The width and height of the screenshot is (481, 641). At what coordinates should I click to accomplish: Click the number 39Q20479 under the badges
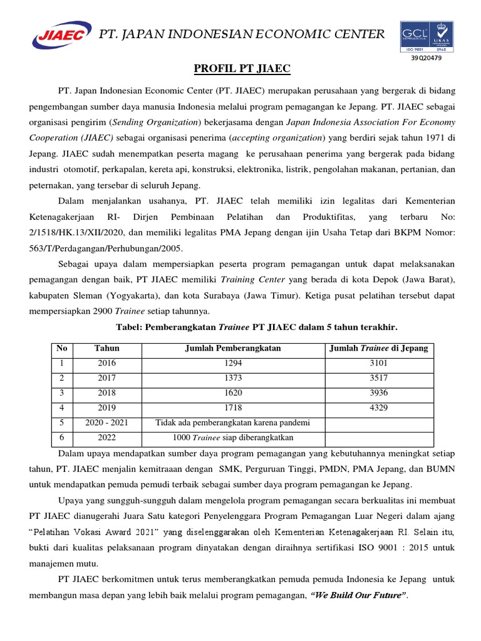coord(426,59)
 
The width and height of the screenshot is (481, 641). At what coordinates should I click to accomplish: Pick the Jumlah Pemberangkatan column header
coord(232,349)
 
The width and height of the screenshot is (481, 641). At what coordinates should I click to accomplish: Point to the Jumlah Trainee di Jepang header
coord(379,349)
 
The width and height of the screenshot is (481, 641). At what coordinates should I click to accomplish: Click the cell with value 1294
coord(232,363)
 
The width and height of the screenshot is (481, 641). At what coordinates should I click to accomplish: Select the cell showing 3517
coord(379,378)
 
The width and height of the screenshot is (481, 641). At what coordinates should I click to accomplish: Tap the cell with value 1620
coord(232,393)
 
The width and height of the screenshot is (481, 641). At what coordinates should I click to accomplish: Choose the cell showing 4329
coord(379,408)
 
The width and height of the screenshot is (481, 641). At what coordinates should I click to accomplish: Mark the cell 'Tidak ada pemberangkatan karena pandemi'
coord(232,423)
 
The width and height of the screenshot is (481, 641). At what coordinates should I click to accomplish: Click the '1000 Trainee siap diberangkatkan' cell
coord(232,438)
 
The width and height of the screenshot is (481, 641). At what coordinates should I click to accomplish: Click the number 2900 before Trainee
coord(103,311)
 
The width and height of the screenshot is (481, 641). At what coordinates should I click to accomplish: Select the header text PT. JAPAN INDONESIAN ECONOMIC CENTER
coord(243,34)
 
